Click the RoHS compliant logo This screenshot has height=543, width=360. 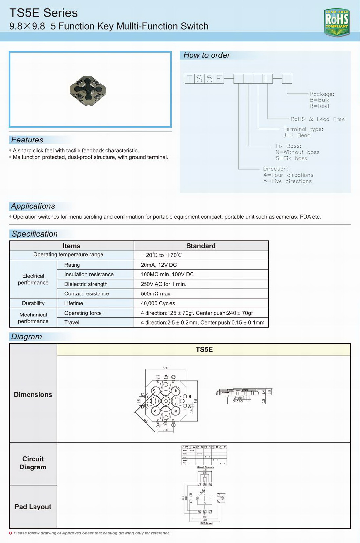click(x=337, y=22)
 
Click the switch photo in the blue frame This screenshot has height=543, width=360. click(x=88, y=90)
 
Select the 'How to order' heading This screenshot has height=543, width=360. click(x=207, y=55)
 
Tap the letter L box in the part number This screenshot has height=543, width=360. click(x=268, y=79)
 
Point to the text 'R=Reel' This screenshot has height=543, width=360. click(x=319, y=106)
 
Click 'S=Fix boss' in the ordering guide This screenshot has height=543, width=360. click(x=291, y=158)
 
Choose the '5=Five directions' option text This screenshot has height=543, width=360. click(x=287, y=181)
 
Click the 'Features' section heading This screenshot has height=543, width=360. click(x=27, y=140)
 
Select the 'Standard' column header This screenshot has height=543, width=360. click(x=201, y=246)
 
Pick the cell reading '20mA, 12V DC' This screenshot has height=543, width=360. click(x=159, y=265)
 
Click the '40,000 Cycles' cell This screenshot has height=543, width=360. click(x=158, y=303)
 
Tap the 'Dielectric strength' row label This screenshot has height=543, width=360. click(x=86, y=284)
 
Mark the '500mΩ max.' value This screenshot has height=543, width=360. click(x=156, y=294)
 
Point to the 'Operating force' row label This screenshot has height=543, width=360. click(x=83, y=313)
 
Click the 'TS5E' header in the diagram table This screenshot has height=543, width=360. click(x=204, y=350)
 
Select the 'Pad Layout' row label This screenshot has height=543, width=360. click(x=33, y=507)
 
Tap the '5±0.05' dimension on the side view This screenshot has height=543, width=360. click(x=237, y=402)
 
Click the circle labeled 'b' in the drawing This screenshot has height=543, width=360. click(x=176, y=391)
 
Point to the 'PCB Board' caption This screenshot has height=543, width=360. click(x=206, y=523)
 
